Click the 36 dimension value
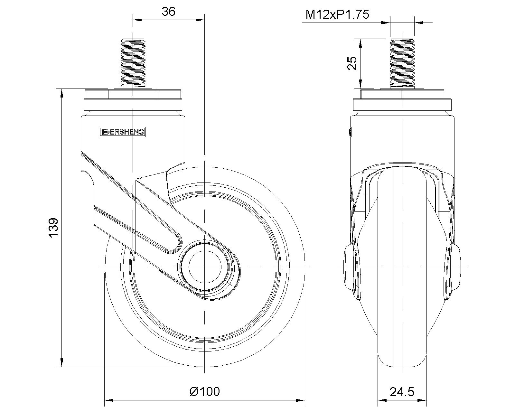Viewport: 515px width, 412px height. (168, 12)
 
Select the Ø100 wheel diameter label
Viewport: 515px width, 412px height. (205, 392)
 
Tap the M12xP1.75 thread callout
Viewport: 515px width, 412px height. (337, 14)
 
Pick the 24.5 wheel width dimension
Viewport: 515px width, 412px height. (402, 392)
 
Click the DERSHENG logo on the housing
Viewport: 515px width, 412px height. (122, 132)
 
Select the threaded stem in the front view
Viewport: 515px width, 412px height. (402, 63)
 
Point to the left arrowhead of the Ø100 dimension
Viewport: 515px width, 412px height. (109, 401)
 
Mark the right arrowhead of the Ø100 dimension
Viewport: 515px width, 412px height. (301, 401)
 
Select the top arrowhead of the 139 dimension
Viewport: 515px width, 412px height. (61, 93)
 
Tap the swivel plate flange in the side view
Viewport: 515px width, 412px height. (133, 105)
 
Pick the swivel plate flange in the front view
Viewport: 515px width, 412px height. (402, 105)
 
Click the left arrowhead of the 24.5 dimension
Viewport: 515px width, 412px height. (381, 401)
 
